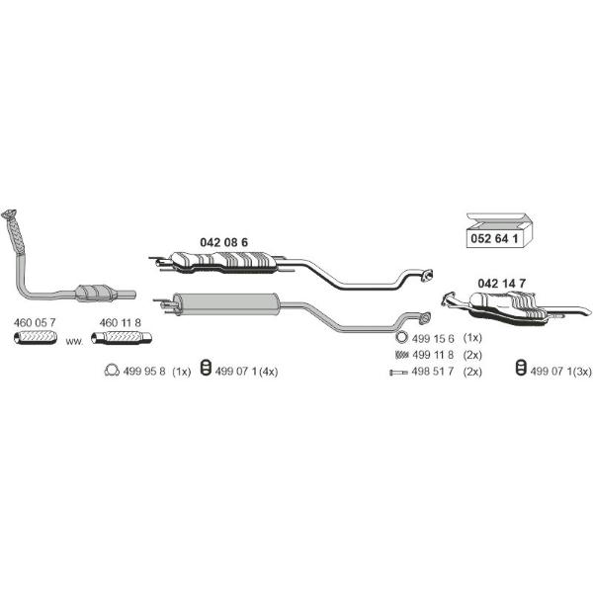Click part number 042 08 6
point(223,242)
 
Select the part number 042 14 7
point(501,284)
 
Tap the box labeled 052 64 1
point(499,230)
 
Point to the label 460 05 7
point(35,322)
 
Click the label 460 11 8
point(120,322)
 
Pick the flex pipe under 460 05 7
point(36,337)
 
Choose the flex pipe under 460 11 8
point(122,337)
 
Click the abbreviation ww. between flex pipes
point(74,342)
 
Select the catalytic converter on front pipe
point(96,294)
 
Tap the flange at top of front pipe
point(9,213)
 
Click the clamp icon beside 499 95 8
point(112,371)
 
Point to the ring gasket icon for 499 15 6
point(401,337)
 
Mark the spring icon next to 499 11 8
point(401,355)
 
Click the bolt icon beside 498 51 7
point(398,373)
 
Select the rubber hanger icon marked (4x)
point(206,368)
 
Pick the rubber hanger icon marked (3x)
point(521,368)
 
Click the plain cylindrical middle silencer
point(225,304)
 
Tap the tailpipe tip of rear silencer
point(585,311)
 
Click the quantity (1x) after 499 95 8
point(182,372)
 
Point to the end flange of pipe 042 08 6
point(427,276)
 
